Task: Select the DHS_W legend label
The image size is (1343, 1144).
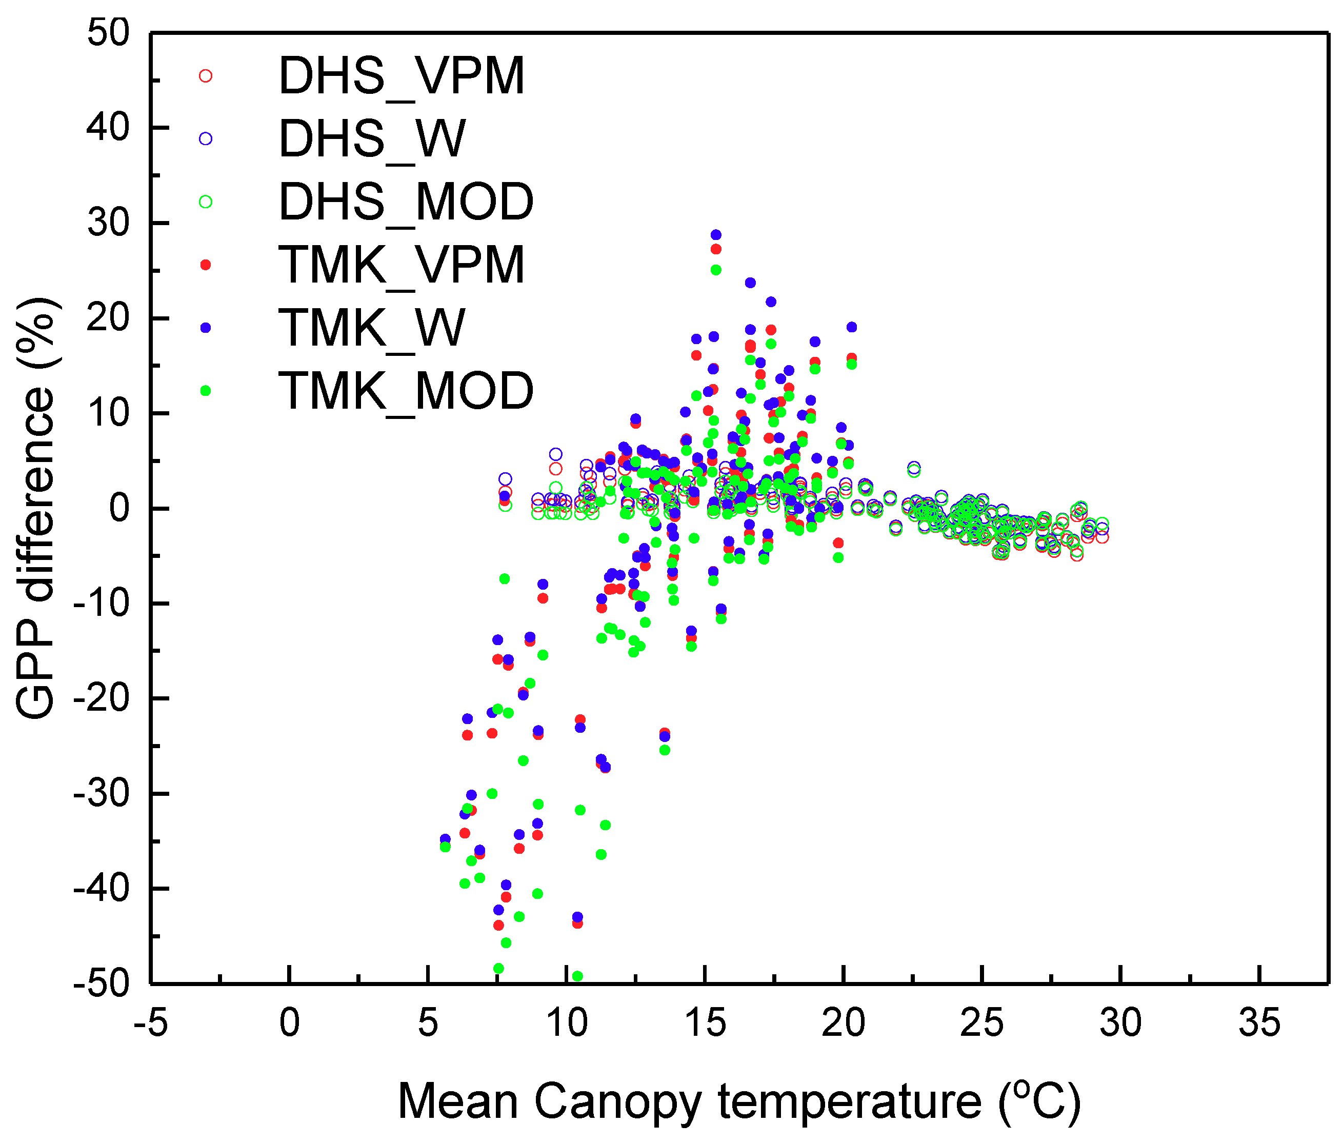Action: (x=372, y=139)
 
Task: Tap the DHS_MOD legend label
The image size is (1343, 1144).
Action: (x=406, y=202)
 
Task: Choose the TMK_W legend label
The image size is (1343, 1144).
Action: (x=372, y=327)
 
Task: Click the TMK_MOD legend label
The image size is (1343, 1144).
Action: (x=406, y=390)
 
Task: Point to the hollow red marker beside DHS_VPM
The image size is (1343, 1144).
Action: (x=206, y=76)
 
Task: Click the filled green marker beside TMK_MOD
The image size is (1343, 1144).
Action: (x=206, y=390)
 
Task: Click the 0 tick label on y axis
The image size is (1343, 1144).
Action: (x=119, y=508)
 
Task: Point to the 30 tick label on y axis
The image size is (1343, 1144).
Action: (x=109, y=223)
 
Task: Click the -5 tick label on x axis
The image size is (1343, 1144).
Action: (x=150, y=1024)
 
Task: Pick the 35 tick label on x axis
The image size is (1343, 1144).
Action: (x=1259, y=1024)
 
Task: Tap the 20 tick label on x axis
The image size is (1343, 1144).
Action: (x=843, y=1024)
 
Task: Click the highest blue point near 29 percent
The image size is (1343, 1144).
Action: (x=715, y=235)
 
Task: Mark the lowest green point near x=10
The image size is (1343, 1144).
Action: (x=577, y=976)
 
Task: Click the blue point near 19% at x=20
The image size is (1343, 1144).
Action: (x=852, y=327)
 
